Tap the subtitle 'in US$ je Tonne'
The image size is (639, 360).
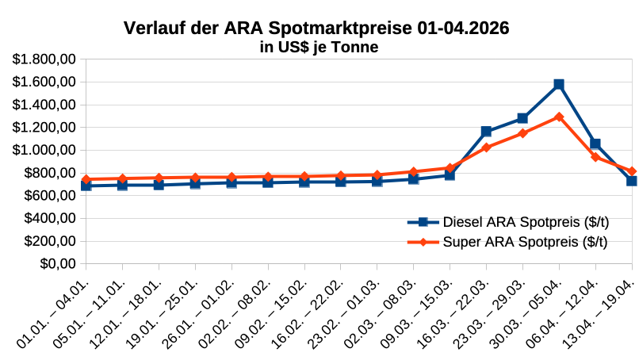coord(319,48)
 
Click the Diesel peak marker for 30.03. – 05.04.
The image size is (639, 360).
coord(559,84)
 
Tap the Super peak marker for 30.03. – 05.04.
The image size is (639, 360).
coord(559,117)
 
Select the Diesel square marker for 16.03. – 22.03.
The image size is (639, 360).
coord(486,132)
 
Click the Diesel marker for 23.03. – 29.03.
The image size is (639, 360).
coord(522,118)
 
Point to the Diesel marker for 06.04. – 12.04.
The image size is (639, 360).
coord(595,144)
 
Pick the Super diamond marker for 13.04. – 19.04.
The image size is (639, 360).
coord(632,171)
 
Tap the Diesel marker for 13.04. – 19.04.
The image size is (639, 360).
coord(632,181)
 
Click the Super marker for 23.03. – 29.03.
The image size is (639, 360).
coord(522,133)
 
